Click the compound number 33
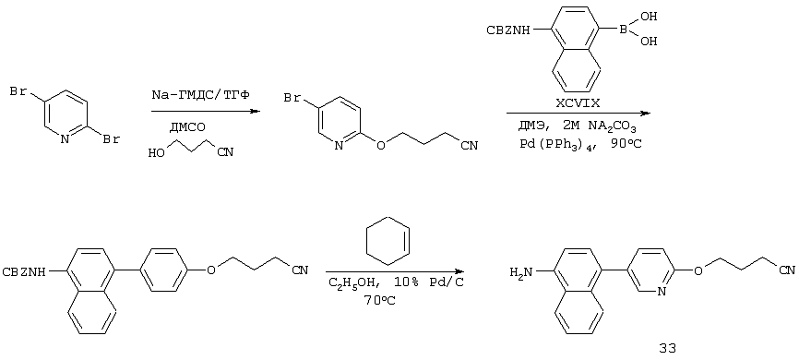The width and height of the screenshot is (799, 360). coord(667,349)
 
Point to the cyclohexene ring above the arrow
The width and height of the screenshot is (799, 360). coord(388,240)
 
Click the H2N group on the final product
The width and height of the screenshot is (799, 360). coord(520,272)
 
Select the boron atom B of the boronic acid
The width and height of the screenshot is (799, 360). coord(622,30)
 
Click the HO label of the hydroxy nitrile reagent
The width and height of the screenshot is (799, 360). coord(157,152)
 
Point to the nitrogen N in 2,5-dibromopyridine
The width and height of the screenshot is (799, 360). coord(65,138)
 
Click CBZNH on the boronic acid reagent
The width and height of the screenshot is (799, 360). coord(508,30)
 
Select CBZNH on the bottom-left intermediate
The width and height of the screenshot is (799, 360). coord(24,271)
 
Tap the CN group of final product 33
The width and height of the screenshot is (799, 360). coord(788,270)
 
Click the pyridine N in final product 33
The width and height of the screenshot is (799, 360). coord(661,292)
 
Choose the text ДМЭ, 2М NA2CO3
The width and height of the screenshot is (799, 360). coord(580,125)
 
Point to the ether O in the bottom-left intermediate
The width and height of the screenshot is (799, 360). coord(211,270)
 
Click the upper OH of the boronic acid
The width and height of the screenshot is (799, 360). coord(649,16)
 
